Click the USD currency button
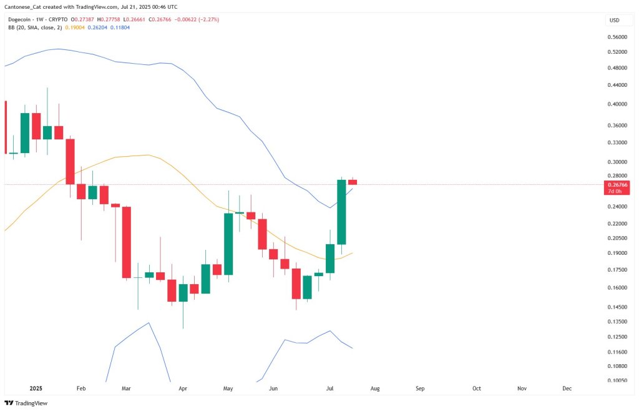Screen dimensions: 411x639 (614, 21)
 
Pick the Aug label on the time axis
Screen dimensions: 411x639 (374, 389)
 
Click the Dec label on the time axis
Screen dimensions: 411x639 (567, 389)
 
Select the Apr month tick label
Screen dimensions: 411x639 (183, 389)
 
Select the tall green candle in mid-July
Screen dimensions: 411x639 (341, 212)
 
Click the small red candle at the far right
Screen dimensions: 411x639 (353, 182)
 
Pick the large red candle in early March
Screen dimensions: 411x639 (126, 242)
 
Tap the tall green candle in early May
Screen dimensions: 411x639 (228, 244)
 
